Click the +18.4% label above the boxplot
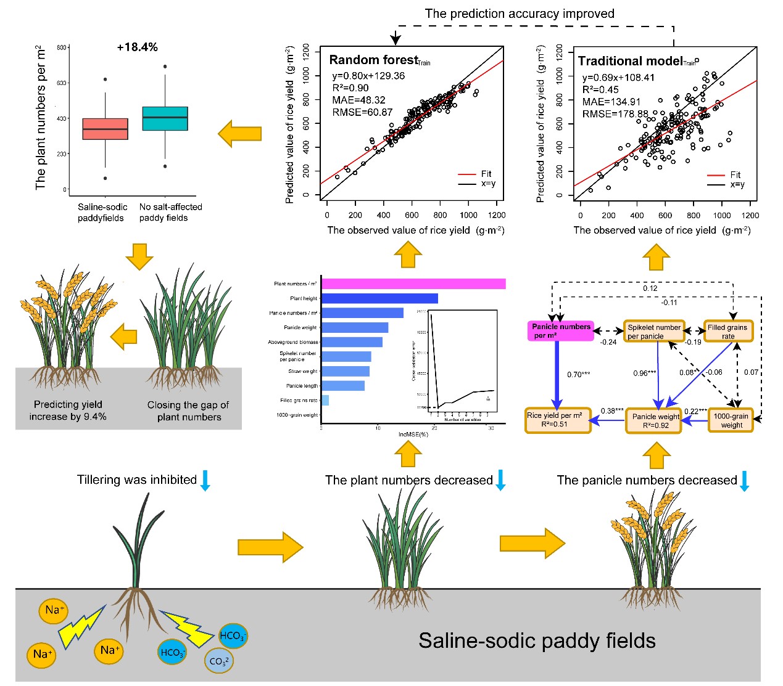(137, 47)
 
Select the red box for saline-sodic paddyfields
(105, 129)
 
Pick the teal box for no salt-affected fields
(165, 118)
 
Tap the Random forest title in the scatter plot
(374, 60)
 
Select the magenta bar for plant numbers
(413, 284)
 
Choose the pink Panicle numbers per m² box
(561, 331)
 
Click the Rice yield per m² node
(557, 420)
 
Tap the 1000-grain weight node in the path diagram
(731, 420)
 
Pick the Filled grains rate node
(728, 332)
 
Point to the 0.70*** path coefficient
(578, 375)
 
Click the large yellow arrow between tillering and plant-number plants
(270, 547)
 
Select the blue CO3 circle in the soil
(218, 661)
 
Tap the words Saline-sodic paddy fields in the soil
(537, 641)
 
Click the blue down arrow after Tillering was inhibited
(205, 480)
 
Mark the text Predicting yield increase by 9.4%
(68, 410)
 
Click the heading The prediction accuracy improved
(520, 14)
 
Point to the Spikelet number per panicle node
(653, 332)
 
